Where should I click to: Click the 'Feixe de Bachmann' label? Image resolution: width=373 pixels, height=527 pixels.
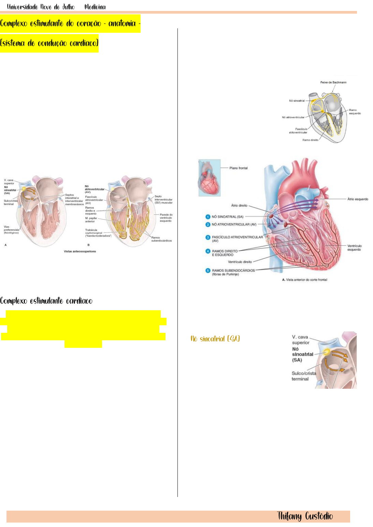point(333,82)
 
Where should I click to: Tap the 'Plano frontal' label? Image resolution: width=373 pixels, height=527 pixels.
point(238,168)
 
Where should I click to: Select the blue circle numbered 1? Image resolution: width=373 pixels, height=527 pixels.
point(208,217)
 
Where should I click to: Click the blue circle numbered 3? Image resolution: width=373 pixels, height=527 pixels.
point(208,237)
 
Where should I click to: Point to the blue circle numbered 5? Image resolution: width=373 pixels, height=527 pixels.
point(208,270)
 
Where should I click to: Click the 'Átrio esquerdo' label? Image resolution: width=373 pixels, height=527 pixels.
point(357,199)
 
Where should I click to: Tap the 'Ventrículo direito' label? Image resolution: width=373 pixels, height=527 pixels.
point(240,262)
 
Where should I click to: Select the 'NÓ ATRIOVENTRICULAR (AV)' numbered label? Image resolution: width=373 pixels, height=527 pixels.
point(234,224)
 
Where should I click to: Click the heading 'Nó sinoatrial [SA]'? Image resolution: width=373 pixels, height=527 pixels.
point(215,339)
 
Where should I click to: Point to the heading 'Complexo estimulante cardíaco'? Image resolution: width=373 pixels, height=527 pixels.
point(46,301)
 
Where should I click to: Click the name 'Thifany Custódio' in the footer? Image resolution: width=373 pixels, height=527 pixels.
point(305,516)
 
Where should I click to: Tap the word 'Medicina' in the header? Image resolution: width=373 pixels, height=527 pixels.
point(95,7)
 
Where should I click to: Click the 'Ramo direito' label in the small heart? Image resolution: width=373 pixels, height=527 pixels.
point(310,140)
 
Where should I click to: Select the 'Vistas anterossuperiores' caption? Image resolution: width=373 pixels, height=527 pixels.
point(80,251)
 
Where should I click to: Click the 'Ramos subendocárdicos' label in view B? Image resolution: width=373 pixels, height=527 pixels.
point(161,239)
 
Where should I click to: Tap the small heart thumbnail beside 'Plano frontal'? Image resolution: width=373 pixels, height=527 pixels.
point(210,177)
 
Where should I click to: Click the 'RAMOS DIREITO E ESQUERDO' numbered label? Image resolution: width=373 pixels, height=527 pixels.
point(225,253)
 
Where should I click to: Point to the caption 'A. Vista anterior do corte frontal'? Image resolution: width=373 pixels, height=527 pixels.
point(304,280)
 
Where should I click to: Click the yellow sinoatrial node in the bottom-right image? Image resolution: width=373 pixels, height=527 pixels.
point(327,352)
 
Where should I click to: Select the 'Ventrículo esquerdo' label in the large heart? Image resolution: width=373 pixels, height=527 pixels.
point(354,247)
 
